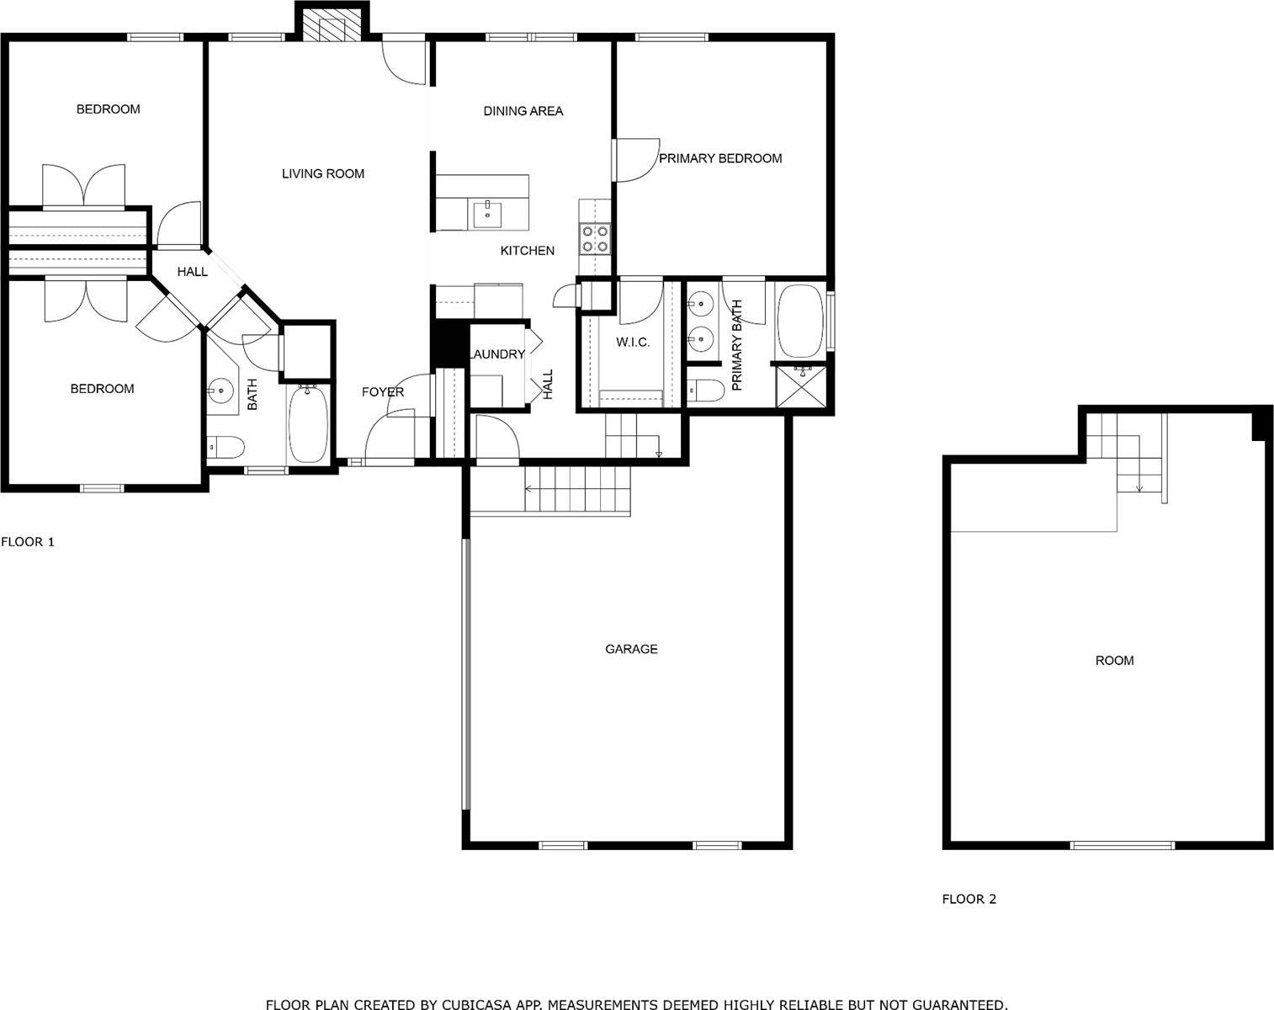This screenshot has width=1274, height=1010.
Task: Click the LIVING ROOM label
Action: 322,173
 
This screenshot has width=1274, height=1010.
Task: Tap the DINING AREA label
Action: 523,111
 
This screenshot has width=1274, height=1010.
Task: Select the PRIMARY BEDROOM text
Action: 720,158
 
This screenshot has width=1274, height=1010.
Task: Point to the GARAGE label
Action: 631,649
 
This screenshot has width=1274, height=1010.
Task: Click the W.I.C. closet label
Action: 633,342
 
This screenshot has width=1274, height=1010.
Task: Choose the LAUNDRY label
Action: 496,354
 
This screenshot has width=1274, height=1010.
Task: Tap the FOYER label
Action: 383,391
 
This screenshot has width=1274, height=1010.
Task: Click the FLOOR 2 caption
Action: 969,899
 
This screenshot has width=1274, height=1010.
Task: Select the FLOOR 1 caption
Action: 28,541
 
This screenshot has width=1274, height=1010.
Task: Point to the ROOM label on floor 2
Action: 1114,661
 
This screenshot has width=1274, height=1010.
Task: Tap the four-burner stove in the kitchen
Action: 595,238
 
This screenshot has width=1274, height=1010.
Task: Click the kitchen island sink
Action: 487,215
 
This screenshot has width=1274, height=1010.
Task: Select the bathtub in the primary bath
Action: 800,321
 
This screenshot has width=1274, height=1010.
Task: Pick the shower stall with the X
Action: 801,386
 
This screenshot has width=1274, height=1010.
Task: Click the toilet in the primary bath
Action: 706,391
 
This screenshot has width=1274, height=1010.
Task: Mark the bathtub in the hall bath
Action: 308,423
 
